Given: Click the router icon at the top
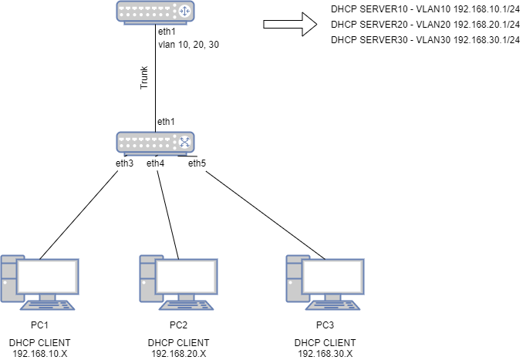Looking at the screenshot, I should pyautogui.click(x=155, y=12).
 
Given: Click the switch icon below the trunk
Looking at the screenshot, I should pyautogui.click(x=155, y=141).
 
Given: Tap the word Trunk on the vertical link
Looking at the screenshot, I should pyautogui.click(x=143, y=79).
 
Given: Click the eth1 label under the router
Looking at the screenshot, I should pyautogui.click(x=167, y=32).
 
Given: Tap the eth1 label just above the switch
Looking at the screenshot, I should pyautogui.click(x=167, y=122).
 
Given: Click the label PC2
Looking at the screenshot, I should pyautogui.click(x=179, y=324).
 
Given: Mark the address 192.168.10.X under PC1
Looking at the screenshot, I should pyautogui.click(x=39, y=353).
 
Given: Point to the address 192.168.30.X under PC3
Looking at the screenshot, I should pyautogui.click(x=325, y=353).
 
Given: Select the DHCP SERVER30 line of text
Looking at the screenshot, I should pyautogui.click(x=425, y=39).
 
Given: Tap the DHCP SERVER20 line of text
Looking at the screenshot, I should pyautogui.click(x=425, y=25).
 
